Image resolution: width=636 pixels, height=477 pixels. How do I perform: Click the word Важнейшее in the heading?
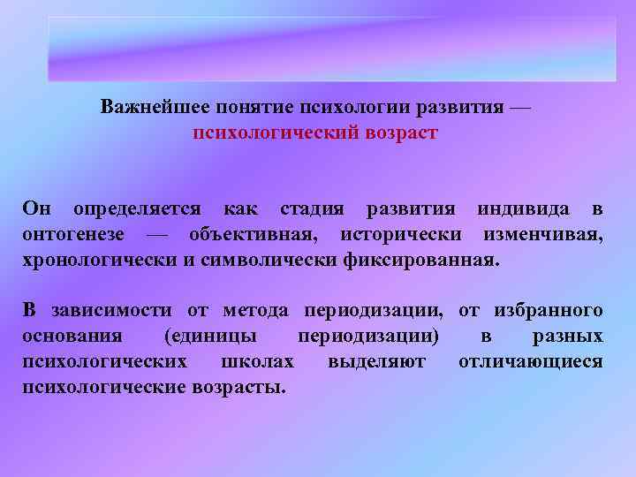150,109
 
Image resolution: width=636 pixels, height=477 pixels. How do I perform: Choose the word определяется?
136,209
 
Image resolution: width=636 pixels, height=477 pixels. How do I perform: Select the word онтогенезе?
79,235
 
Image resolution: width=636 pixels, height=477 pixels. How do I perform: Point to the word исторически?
401,235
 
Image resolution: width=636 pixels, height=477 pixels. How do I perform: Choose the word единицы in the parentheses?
211,336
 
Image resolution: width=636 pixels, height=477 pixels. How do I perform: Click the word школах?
269,361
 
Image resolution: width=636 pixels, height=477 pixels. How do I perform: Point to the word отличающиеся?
530,361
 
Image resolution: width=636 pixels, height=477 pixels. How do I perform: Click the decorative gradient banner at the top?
332,48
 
